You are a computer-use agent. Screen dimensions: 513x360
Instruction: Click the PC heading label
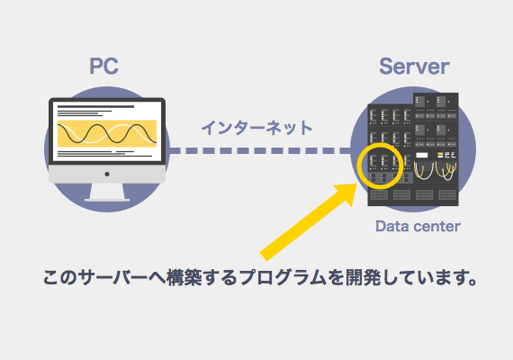tap(104, 67)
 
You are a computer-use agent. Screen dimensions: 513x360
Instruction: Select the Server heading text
tap(414, 67)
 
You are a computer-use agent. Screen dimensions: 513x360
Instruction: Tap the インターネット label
tap(256, 128)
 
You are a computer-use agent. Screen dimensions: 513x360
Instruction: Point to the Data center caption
tap(418, 226)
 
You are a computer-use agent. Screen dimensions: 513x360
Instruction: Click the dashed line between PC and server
tap(260, 150)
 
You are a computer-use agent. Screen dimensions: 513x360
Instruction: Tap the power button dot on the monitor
tap(107, 174)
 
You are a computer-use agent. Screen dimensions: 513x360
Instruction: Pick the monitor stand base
tap(107, 200)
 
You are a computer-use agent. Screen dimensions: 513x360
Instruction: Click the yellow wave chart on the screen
tap(107, 133)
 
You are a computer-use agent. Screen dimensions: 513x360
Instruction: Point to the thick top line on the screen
tap(96, 107)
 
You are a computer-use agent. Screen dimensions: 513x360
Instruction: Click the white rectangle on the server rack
tap(422, 155)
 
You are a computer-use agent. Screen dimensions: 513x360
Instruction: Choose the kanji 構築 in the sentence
tap(184, 277)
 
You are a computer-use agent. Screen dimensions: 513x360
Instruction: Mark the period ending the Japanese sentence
tap(472, 282)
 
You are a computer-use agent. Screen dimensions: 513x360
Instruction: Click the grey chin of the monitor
tap(107, 174)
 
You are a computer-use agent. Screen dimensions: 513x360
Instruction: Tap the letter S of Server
tap(386, 67)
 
